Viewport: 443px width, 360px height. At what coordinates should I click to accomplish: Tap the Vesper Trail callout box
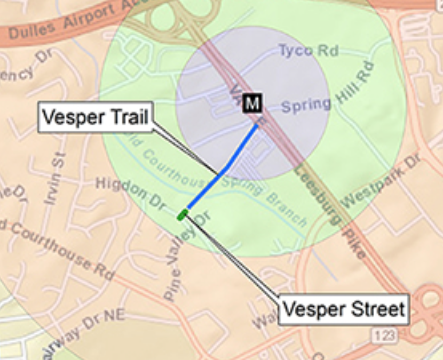point(95,117)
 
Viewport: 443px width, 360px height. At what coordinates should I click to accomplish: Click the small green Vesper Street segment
point(183,215)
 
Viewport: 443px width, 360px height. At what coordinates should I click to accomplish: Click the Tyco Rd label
point(308,51)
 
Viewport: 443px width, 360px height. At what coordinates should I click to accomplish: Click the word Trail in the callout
point(128,117)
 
